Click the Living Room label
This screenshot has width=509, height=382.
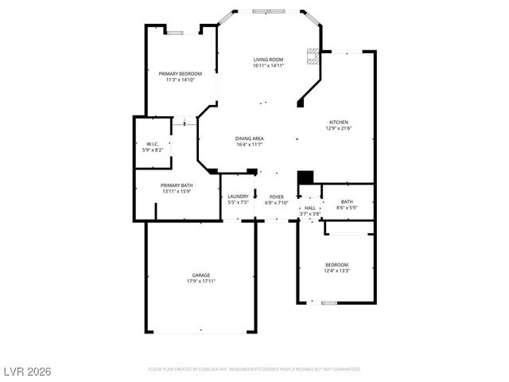pyautogui.click(x=268, y=60)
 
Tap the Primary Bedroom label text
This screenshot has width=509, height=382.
pyautogui.click(x=179, y=73)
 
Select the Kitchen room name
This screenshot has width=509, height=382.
pyautogui.click(x=338, y=123)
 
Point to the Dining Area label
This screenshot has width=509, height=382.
pyautogui.click(x=249, y=138)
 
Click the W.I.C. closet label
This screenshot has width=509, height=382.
pyautogui.click(x=153, y=144)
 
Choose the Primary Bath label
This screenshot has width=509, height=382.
pyautogui.click(x=176, y=185)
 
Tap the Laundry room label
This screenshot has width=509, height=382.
pyautogui.click(x=238, y=197)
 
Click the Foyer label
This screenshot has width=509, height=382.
pyautogui.click(x=276, y=197)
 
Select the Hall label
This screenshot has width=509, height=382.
pyautogui.click(x=309, y=209)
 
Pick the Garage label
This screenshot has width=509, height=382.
pyautogui.click(x=200, y=275)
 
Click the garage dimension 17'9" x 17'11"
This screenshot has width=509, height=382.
pyautogui.click(x=200, y=281)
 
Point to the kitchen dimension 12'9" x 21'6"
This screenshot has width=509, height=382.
pyautogui.click(x=338, y=128)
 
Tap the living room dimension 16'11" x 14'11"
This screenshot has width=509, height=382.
pyautogui.click(x=268, y=65)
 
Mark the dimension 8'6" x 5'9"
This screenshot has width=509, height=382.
pyautogui.click(x=347, y=208)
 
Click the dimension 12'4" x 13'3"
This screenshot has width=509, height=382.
pyautogui.click(x=336, y=271)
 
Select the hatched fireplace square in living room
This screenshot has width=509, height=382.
pyautogui.click(x=314, y=57)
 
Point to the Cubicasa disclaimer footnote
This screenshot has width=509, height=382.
pyautogui.click(x=254, y=369)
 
